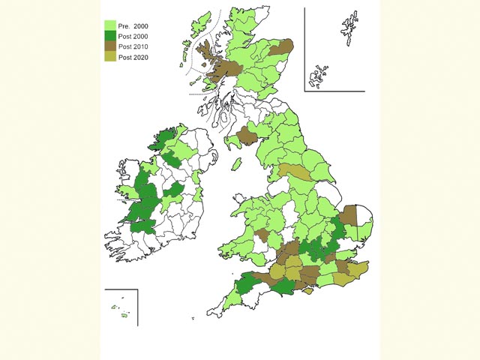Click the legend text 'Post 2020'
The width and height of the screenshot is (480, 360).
point(134,58)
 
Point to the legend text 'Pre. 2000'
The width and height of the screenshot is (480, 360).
point(134,25)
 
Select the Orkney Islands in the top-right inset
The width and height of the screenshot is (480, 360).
point(320,75)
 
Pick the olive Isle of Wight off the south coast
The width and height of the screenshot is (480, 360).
point(307,290)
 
